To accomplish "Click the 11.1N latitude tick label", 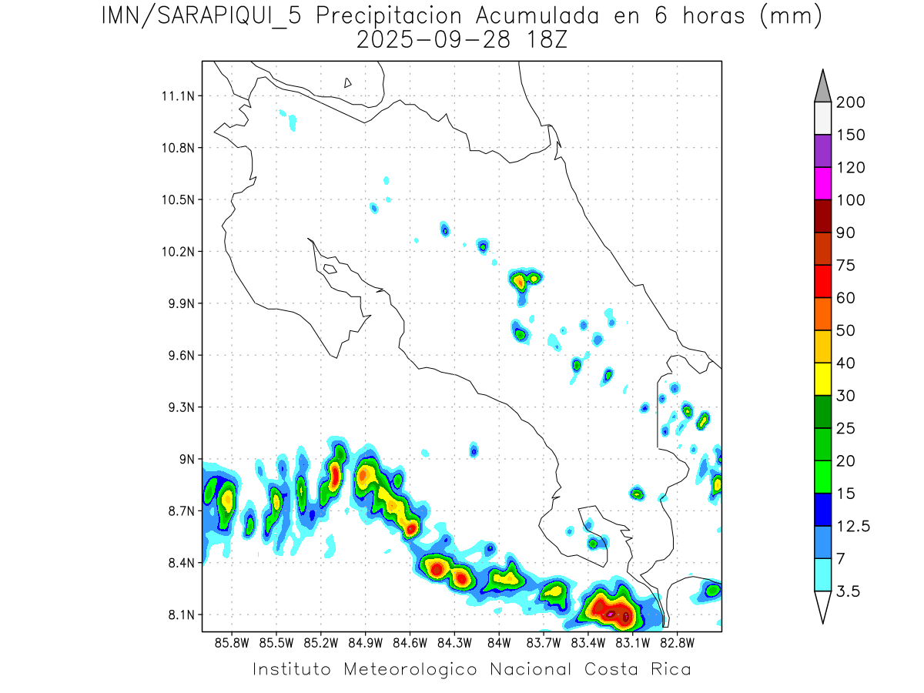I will (176, 96).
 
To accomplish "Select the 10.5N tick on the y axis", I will (176, 199).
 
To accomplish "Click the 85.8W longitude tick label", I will (232, 641).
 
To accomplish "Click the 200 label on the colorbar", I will (851, 102).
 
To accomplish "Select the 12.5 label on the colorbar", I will (852, 526).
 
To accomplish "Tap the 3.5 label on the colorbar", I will (848, 591).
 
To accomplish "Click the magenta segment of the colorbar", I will (822, 184).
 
